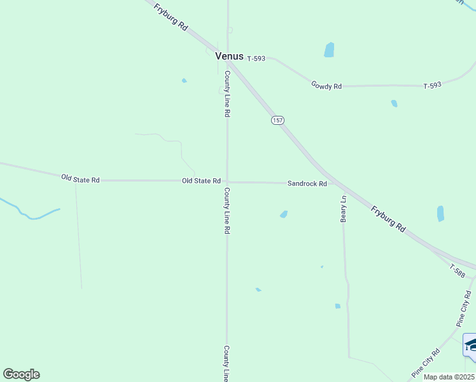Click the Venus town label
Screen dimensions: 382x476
pyautogui.click(x=229, y=56)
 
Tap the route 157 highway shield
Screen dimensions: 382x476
pyautogui.click(x=277, y=120)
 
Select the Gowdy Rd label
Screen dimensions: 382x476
pyautogui.click(x=326, y=85)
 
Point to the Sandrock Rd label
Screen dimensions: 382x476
pyautogui.click(x=307, y=183)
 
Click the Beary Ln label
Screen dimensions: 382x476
pyautogui.click(x=344, y=208)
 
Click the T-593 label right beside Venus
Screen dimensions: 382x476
pyautogui.click(x=256, y=59)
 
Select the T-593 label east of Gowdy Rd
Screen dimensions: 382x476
pyautogui.click(x=433, y=85)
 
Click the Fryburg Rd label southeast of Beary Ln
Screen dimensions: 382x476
pyautogui.click(x=388, y=218)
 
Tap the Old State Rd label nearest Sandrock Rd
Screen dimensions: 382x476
pyautogui.click(x=201, y=181)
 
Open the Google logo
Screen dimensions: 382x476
pyautogui.click(x=21, y=374)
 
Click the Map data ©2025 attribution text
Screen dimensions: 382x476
pyautogui.click(x=449, y=377)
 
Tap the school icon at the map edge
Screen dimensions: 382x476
pyautogui.click(x=470, y=345)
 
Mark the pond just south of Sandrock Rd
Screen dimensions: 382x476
pyautogui.click(x=284, y=214)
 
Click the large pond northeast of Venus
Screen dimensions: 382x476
pyautogui.click(x=329, y=50)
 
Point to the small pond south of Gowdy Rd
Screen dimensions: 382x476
pyautogui.click(x=395, y=103)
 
